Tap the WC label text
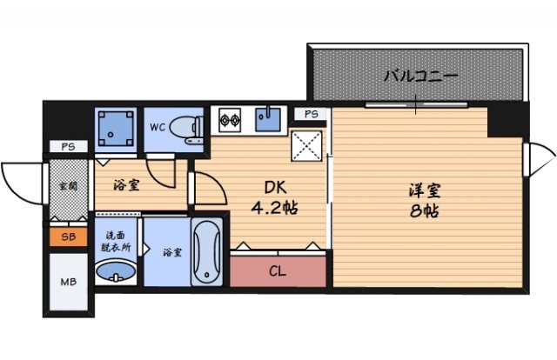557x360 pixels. point(158,127)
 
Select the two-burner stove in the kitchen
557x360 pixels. point(231,120)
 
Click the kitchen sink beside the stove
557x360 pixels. point(270,120)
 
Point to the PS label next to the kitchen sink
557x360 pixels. point(312,114)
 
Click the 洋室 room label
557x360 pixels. point(425,190)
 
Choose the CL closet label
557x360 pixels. point(277,271)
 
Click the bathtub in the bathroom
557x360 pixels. point(206,252)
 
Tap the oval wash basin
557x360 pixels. point(114,275)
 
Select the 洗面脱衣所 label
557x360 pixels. point(116,241)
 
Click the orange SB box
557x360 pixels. point(67,237)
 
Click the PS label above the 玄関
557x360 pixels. point(67,147)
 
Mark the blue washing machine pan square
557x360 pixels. point(116,129)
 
